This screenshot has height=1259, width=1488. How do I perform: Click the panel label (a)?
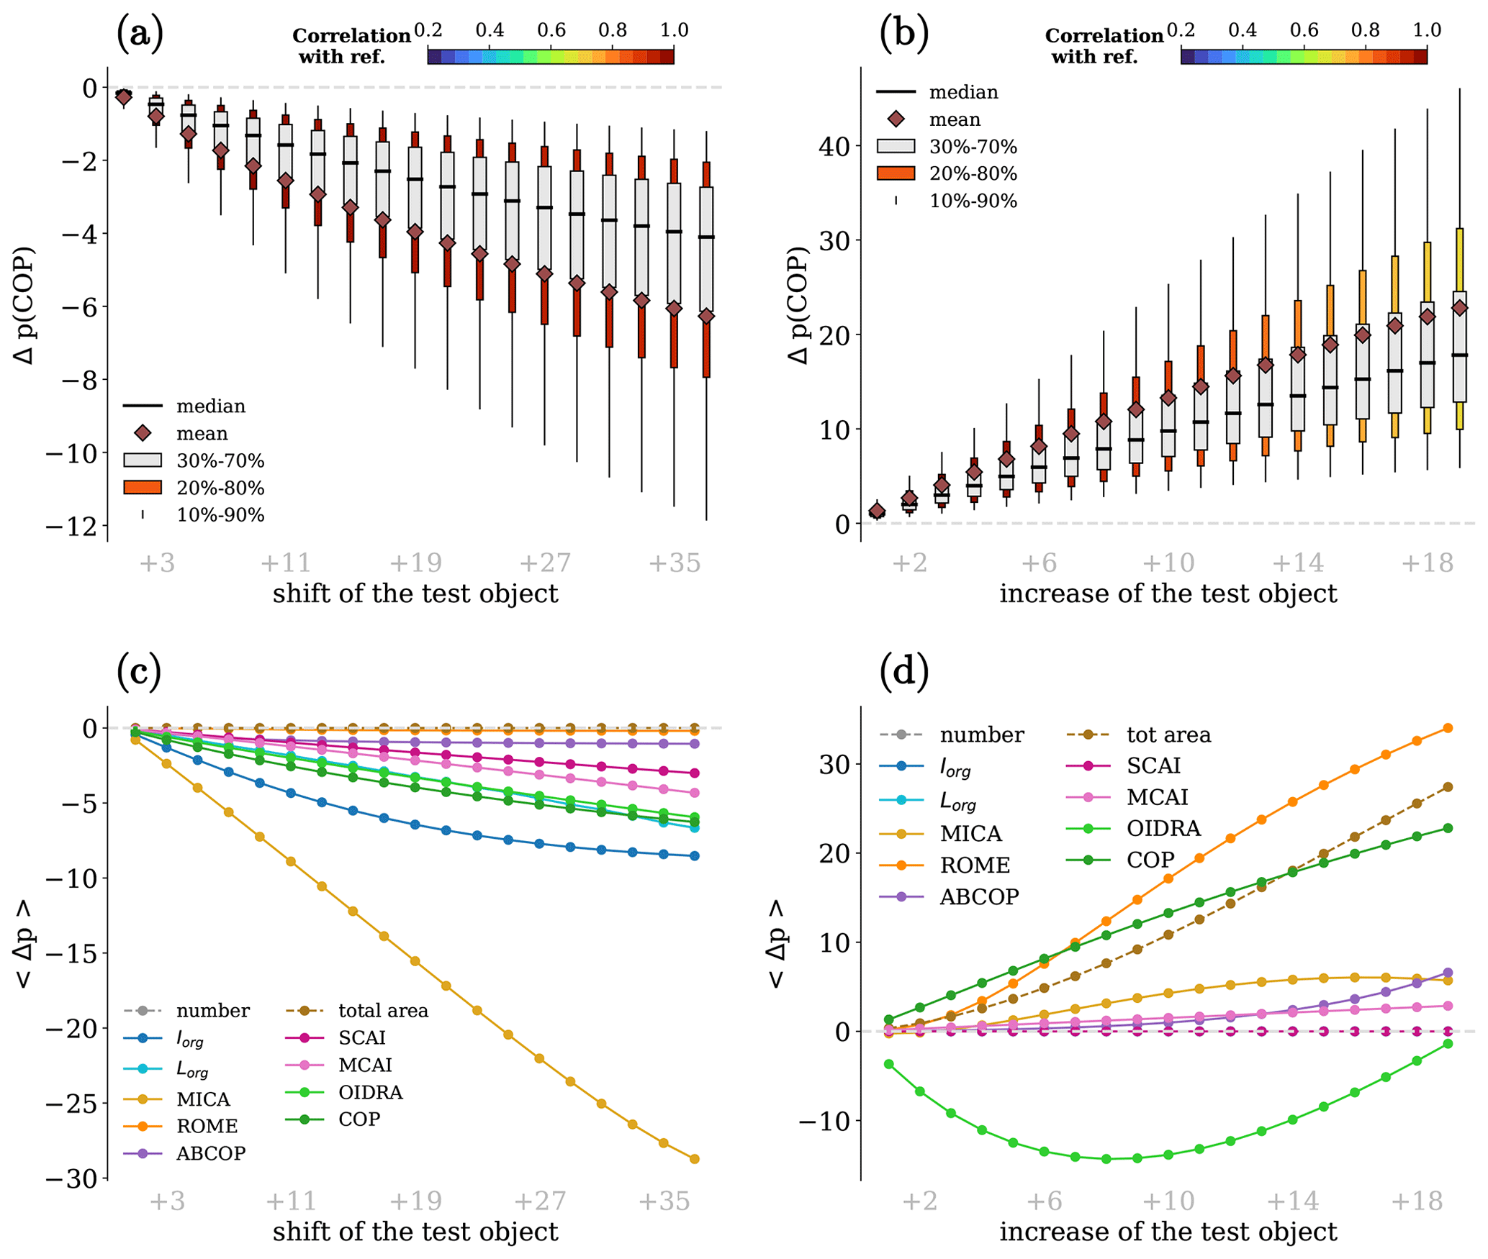click(140, 34)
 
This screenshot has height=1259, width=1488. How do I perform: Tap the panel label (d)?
click(904, 671)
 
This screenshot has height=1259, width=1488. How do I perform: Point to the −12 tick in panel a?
click(71, 527)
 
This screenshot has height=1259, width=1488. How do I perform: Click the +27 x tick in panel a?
click(545, 563)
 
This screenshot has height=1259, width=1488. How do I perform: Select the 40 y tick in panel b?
click(834, 146)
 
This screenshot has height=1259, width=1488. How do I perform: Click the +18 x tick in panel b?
click(1427, 563)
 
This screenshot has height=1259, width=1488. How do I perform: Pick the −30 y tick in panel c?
click(71, 1179)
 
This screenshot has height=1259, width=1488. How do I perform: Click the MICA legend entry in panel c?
click(203, 1099)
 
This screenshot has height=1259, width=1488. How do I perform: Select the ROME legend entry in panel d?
click(975, 865)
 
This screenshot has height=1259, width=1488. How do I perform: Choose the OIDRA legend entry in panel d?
click(1163, 828)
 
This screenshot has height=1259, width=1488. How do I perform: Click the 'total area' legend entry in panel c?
click(383, 1011)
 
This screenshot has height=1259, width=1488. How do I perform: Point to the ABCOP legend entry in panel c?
click(211, 1153)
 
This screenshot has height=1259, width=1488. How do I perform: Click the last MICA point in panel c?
click(695, 1159)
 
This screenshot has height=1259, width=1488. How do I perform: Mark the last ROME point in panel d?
click(1448, 728)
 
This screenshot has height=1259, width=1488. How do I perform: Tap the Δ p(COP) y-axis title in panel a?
click(26, 306)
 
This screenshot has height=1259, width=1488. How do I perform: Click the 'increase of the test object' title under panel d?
click(1168, 1232)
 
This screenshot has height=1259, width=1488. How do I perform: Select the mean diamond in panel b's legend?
click(896, 119)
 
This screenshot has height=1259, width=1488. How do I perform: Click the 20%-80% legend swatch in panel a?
click(143, 488)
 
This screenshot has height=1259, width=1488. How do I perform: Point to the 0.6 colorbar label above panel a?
click(551, 30)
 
